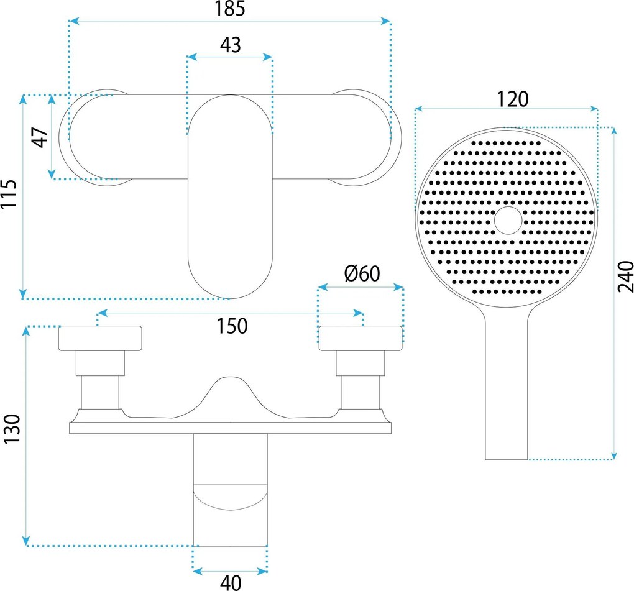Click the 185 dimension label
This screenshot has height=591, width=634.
[x=229, y=9]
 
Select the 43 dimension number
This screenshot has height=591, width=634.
[x=231, y=45]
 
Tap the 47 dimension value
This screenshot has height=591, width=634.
[x=40, y=137]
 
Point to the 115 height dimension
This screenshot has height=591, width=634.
[x=9, y=194]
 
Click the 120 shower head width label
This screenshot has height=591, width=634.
[x=512, y=99]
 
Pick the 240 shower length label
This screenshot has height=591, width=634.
[x=625, y=277]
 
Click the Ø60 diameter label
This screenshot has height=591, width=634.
[x=362, y=273]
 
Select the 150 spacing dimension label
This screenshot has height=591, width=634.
[x=232, y=326]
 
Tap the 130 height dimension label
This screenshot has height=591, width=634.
[x=12, y=429]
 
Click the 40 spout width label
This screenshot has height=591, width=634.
[x=231, y=583]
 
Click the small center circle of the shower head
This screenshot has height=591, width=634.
[x=508, y=221]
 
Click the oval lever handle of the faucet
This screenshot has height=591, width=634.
[x=230, y=197]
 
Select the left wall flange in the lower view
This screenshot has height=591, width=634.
[x=100, y=338]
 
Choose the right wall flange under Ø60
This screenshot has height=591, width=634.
[x=361, y=338]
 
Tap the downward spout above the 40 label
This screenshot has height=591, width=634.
[x=230, y=490]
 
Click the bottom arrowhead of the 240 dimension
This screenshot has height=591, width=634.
[x=614, y=456]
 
